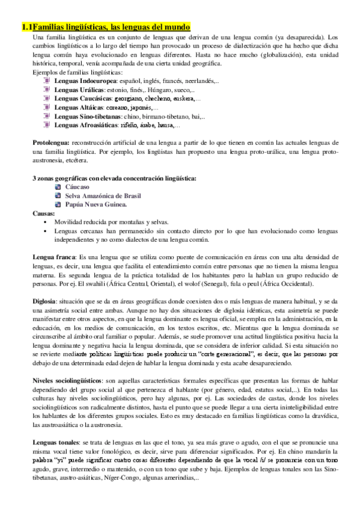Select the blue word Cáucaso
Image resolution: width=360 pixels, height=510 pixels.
coord(78,187)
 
